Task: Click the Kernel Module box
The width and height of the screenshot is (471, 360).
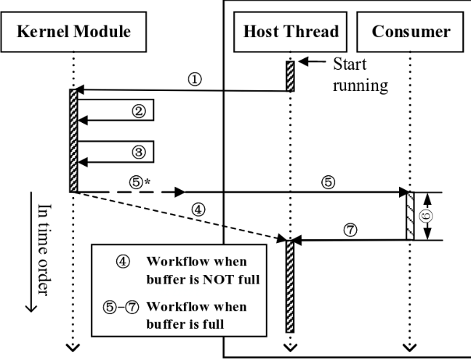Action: point(74,32)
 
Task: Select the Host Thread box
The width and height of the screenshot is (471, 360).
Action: point(290,32)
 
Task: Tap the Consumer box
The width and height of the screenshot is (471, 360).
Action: point(411,32)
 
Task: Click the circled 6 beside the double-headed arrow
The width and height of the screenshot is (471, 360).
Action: point(427,216)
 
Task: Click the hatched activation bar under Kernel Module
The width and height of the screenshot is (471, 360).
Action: point(73,140)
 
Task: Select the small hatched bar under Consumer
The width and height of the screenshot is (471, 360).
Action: point(411,215)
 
